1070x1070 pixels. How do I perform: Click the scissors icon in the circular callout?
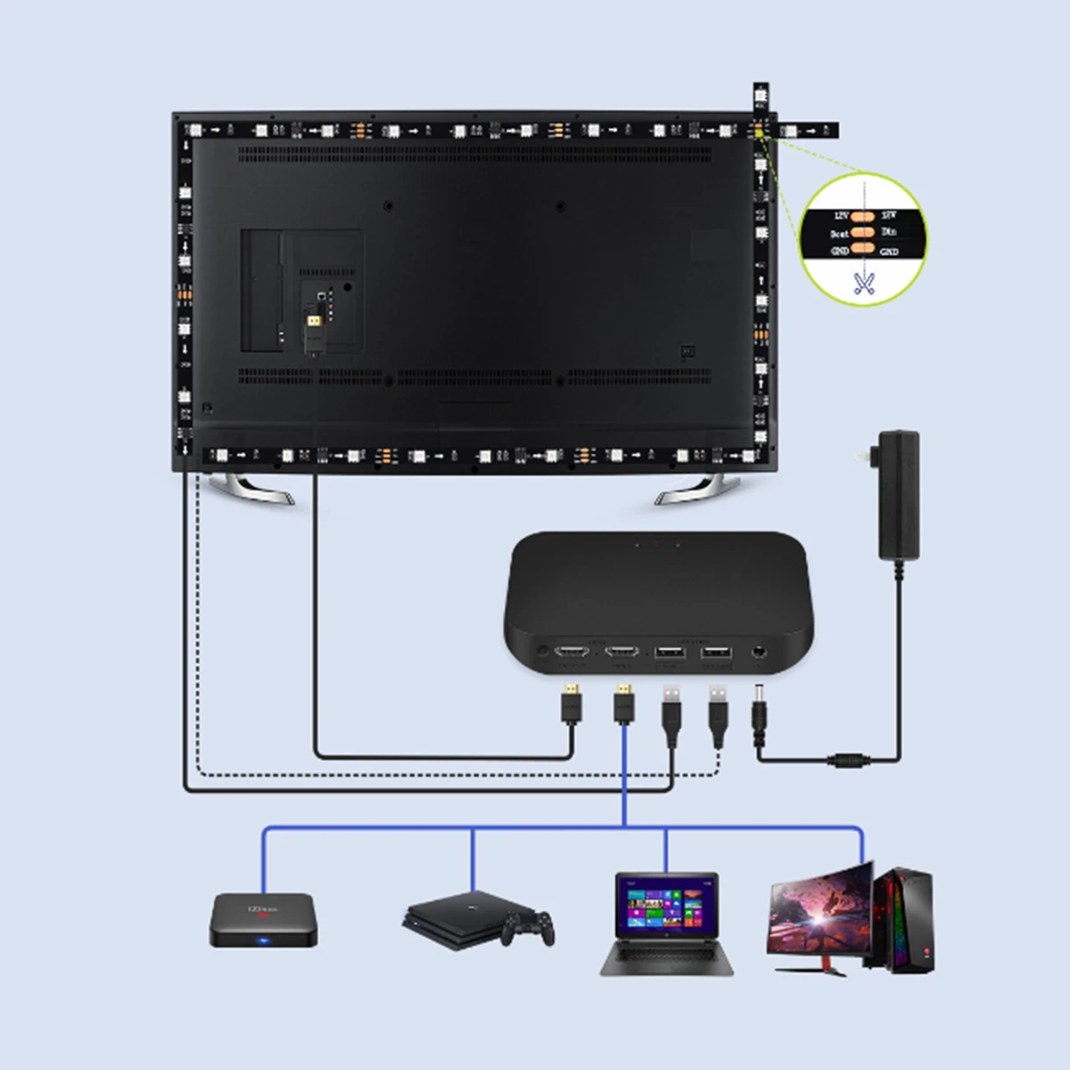click(x=862, y=284)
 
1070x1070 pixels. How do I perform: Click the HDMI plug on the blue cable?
click(x=625, y=704)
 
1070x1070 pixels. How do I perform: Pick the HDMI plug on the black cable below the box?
click(x=571, y=704)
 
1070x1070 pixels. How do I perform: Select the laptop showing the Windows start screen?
click(x=667, y=924)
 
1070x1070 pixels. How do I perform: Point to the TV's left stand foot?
click(x=251, y=489)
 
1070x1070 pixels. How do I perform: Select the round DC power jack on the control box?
click(x=759, y=653)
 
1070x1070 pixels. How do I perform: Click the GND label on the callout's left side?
click(x=839, y=251)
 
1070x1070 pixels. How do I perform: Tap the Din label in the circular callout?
click(x=889, y=232)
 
